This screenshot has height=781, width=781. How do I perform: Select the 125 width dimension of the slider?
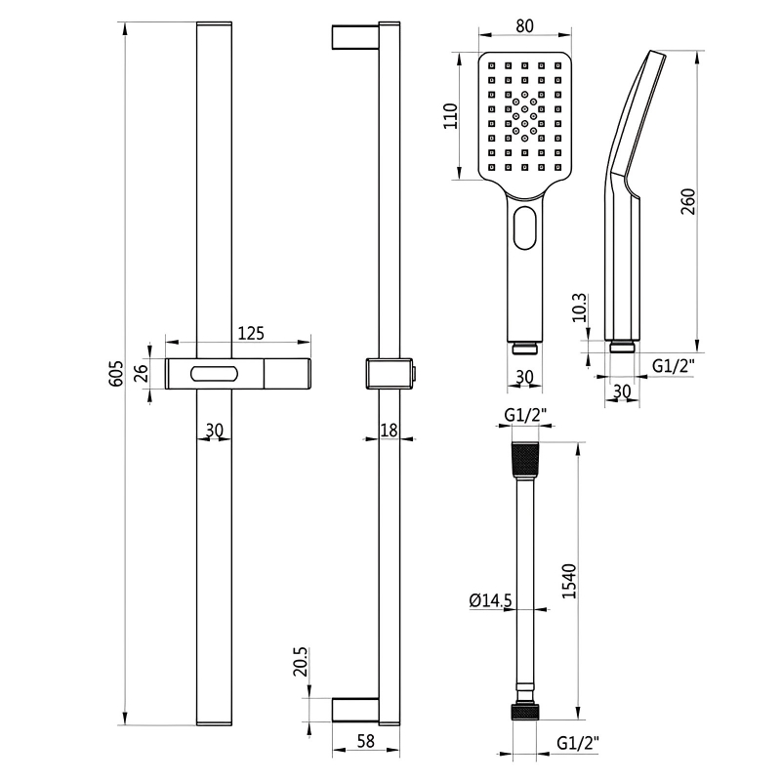[x=251, y=333]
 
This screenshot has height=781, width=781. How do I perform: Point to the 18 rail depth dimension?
[x=389, y=430]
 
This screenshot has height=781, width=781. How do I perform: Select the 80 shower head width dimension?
[x=523, y=27]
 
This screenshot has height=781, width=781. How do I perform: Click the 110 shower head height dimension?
[x=450, y=116]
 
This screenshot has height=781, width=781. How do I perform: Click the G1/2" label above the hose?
[x=524, y=416]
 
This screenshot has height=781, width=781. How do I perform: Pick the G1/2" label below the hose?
[x=577, y=743]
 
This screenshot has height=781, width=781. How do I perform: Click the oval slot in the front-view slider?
[x=215, y=373]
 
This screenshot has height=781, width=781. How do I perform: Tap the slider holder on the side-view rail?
[x=388, y=373]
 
